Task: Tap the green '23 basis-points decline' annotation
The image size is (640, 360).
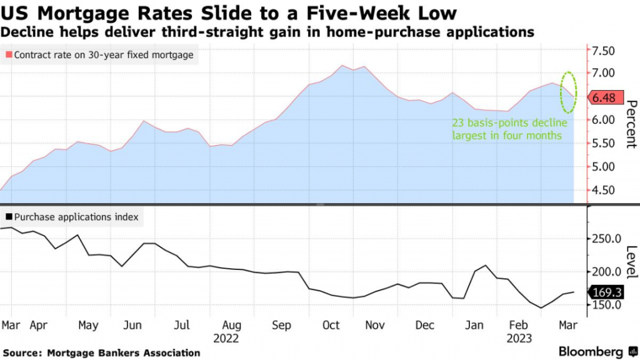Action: tap(508, 129)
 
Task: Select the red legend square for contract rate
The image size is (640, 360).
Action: tap(8, 55)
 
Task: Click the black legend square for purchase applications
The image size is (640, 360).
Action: tap(8, 217)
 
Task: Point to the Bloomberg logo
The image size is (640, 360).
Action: tap(590, 351)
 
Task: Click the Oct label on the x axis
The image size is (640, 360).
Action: tap(331, 325)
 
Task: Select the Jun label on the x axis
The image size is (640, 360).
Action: tap(132, 325)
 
